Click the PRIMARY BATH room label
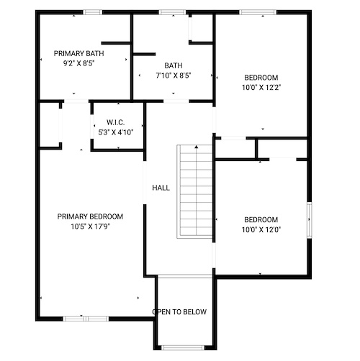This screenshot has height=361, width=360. click(78, 53)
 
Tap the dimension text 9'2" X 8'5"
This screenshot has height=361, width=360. click(78, 63)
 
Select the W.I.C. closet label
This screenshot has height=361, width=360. click(116, 122)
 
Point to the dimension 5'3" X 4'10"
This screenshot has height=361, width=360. click(116, 132)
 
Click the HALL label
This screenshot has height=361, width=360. click(161, 188)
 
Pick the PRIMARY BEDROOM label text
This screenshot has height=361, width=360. click(90, 216)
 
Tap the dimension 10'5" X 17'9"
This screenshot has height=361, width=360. click(90, 227)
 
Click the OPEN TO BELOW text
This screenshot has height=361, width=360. click(179, 311)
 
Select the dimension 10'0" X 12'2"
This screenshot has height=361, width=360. click(261, 87)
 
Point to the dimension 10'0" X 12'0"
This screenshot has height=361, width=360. click(261, 229)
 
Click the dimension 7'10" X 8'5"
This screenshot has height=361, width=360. click(174, 76)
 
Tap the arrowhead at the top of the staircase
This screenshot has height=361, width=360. click(197, 147)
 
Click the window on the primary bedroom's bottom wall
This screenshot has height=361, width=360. click(86, 319)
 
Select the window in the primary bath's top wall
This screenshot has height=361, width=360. click(93, 12)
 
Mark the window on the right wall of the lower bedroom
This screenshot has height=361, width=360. click(310, 220)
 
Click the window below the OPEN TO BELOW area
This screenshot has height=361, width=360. click(182, 347)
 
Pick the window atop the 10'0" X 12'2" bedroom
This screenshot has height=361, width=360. click(258, 12)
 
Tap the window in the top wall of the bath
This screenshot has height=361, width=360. click(172, 12)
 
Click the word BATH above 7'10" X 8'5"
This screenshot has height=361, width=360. click(174, 65)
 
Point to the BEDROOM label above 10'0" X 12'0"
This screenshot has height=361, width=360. click(261, 219)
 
